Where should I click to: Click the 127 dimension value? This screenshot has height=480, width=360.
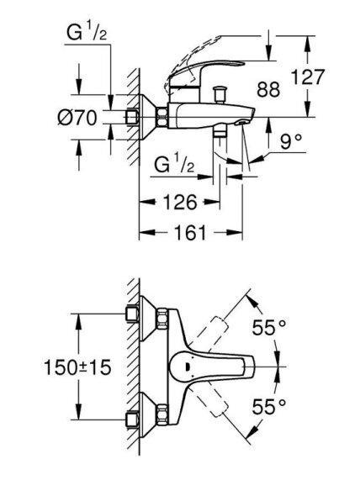point(307,76)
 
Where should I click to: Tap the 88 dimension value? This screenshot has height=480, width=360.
point(268,89)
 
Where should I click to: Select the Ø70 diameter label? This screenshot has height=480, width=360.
point(77,117)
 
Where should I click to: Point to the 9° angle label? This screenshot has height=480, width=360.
point(291,141)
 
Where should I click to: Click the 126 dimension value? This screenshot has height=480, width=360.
point(179,203)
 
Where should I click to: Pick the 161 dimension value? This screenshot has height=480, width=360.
point(190,233)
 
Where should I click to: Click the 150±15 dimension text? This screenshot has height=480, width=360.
point(77,367)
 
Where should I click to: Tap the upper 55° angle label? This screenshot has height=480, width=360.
point(268,328)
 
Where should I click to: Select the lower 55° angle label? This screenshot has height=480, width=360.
point(268,407)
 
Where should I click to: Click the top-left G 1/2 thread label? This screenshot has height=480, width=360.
point(87,32)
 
